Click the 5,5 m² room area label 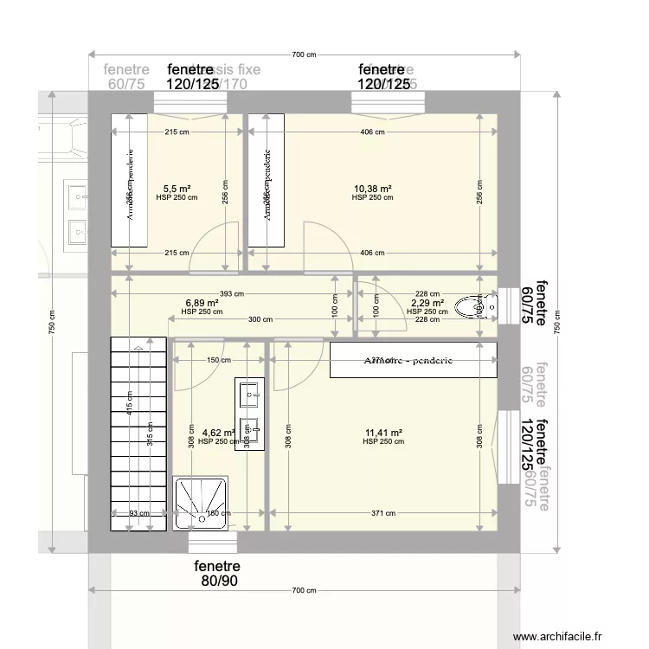pyautogui.click(x=177, y=188)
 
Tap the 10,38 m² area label pyautogui.click(x=372, y=188)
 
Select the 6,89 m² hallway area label pyautogui.click(x=201, y=304)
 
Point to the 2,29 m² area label pyautogui.click(x=427, y=304)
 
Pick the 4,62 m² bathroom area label pyautogui.click(x=218, y=433)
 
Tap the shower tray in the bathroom pyautogui.click(x=201, y=501)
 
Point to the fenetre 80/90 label pyautogui.click(x=215, y=574)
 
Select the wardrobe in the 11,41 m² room pyautogui.click(x=413, y=360)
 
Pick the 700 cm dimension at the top pyautogui.click(x=303, y=55)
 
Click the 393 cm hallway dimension pyautogui.click(x=232, y=293)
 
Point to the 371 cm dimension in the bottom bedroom pyautogui.click(x=384, y=513)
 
